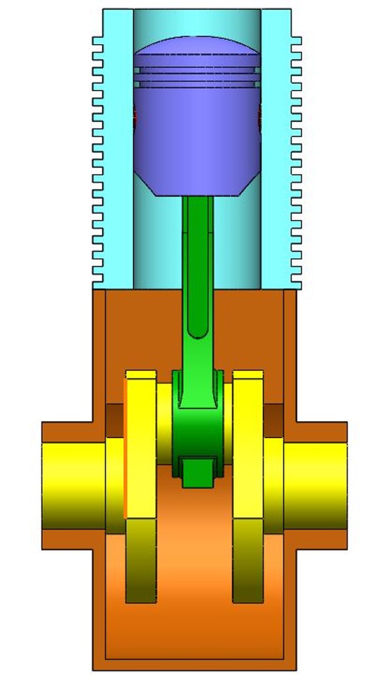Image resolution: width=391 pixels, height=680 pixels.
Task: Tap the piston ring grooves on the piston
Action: [197, 74]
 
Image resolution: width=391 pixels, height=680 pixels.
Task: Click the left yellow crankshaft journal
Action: [72, 485]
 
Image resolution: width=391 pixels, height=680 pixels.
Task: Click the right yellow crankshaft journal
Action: [314, 485]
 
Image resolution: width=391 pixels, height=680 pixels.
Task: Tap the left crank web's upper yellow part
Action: [141, 441]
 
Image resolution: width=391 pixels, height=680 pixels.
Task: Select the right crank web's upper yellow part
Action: [248, 441]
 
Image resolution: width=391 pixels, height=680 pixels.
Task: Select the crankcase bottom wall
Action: [195, 664]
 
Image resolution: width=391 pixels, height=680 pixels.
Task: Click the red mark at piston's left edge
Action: [135, 116]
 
